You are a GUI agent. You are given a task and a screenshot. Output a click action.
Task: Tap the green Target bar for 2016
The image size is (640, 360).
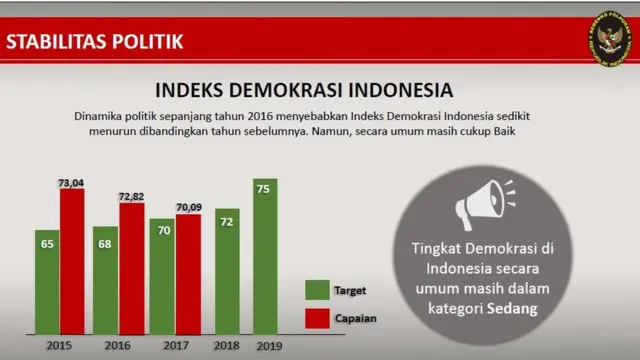click(x=106, y=280)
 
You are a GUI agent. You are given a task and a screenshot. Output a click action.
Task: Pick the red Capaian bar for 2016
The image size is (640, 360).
click(x=131, y=267)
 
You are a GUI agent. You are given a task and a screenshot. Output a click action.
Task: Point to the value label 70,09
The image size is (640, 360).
click(x=190, y=208)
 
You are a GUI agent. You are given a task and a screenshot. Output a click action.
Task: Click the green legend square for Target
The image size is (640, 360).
click(x=316, y=290)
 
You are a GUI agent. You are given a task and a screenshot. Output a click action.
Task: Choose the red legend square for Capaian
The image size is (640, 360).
click(x=316, y=318)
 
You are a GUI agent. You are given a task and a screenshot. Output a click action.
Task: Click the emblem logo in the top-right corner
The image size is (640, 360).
click(x=610, y=42)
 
